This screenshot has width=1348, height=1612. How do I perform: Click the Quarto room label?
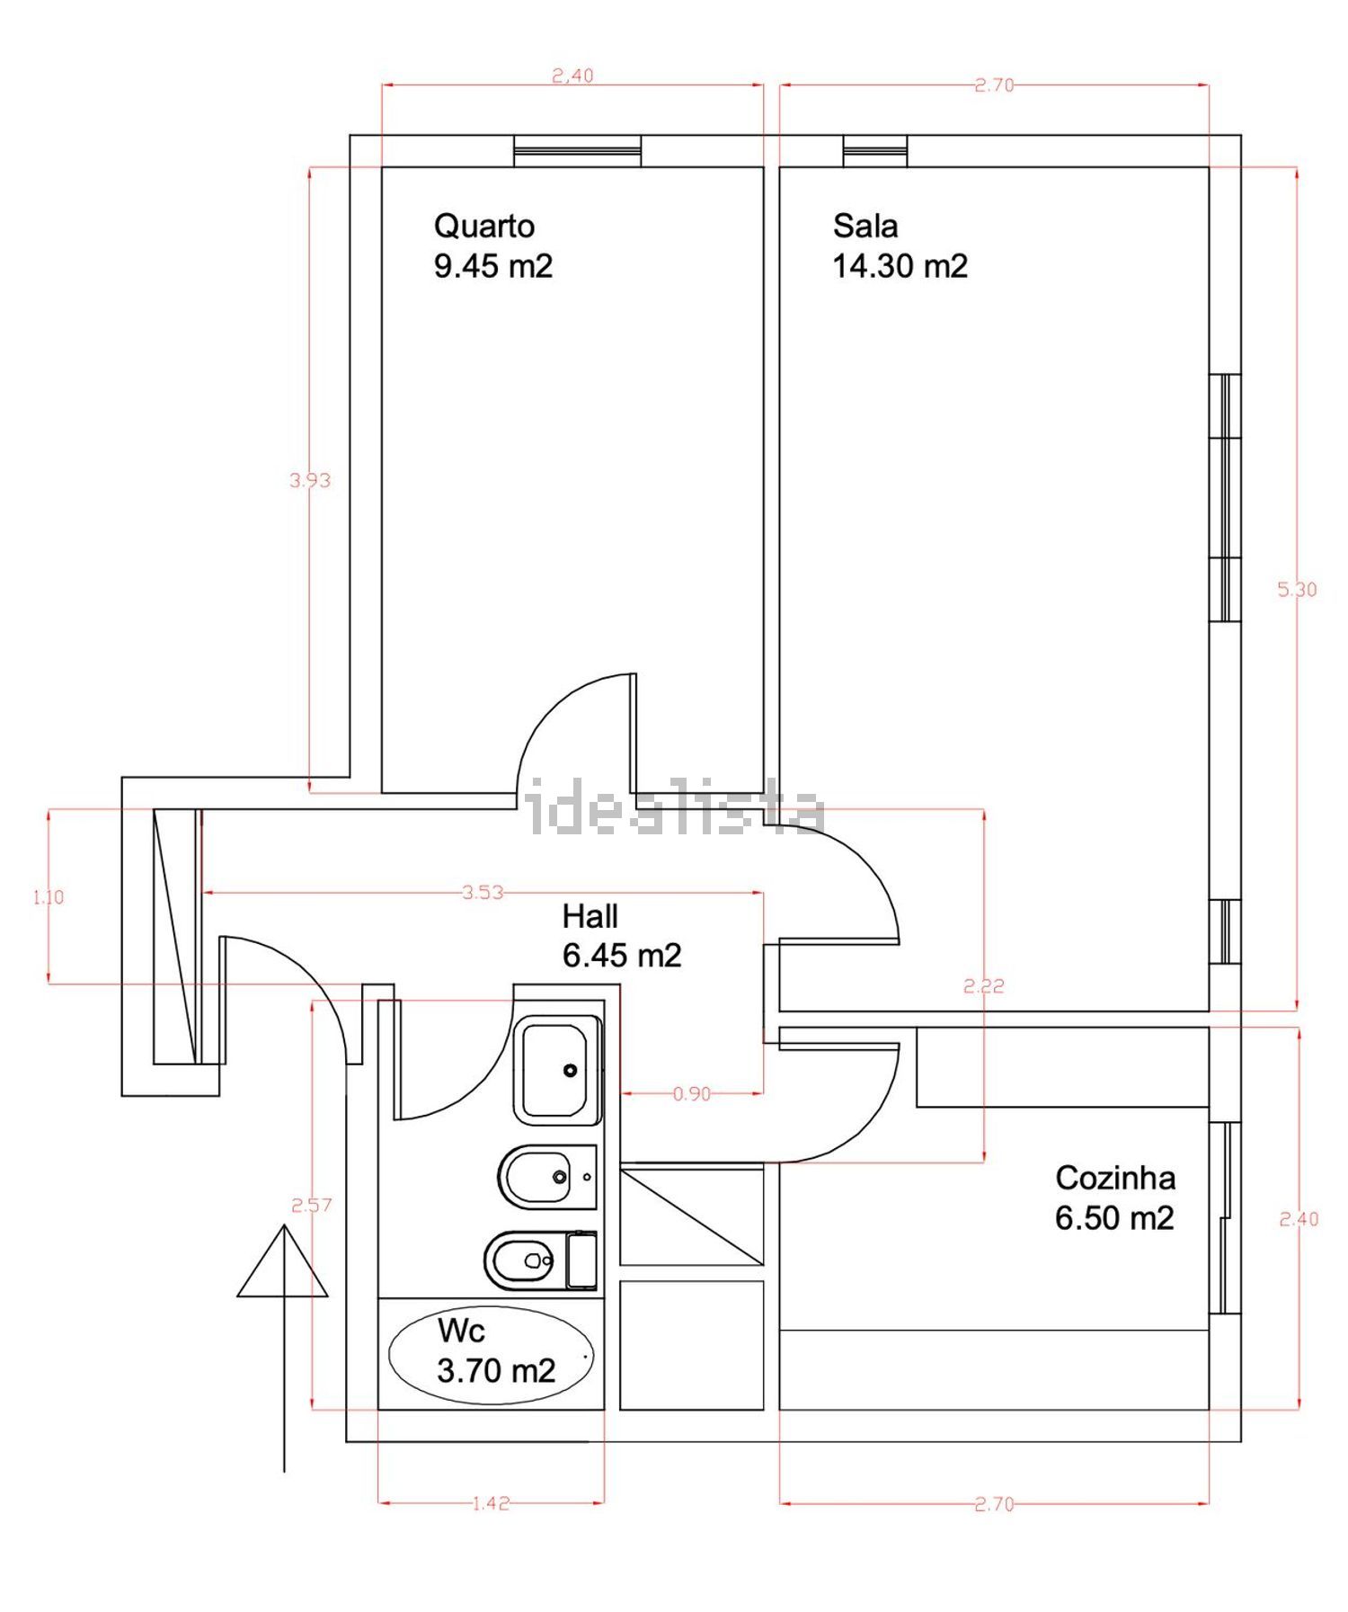click(484, 226)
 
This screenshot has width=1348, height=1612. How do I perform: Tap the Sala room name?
click(865, 226)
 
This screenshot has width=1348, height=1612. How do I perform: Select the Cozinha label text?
click(1115, 1178)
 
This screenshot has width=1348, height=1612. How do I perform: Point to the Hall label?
click(590, 916)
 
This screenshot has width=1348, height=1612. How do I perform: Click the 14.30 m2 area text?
click(900, 266)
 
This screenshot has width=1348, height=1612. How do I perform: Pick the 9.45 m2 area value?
click(493, 266)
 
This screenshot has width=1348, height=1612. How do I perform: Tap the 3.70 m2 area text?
click(496, 1371)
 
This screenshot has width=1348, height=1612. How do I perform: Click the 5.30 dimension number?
click(1297, 590)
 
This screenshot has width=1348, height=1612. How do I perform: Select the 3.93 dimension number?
click(310, 480)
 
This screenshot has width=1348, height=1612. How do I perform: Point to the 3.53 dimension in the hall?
click(483, 893)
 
